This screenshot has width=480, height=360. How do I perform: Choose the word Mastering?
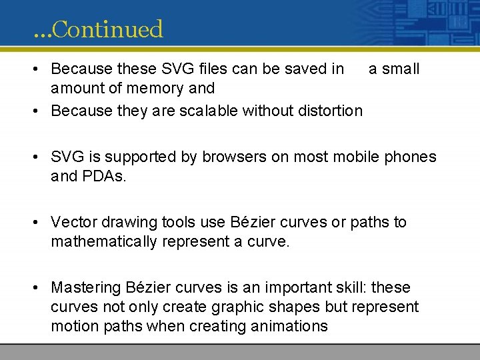[x=85, y=288]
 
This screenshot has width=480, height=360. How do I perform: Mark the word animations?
[x=289, y=326]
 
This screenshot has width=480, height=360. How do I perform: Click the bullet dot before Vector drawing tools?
[x=40, y=223]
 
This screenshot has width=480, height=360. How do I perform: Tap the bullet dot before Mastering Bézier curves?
[x=40, y=288]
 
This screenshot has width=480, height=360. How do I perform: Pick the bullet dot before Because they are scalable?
[x=40, y=111]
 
